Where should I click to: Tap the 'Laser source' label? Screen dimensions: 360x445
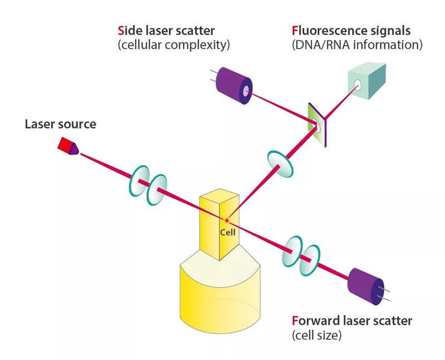(60, 124)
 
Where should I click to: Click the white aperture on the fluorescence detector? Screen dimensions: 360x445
(356, 85)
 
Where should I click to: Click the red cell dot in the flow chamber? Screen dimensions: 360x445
(227, 221)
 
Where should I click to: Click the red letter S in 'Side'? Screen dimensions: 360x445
(121, 29)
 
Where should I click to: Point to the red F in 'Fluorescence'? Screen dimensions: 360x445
(295, 29)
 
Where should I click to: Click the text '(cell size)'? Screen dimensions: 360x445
(316, 336)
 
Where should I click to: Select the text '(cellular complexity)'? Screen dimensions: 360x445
(174, 45)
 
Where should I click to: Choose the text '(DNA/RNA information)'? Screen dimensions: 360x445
(357, 45)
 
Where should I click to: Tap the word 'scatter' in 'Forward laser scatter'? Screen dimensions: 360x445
(392, 321)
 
